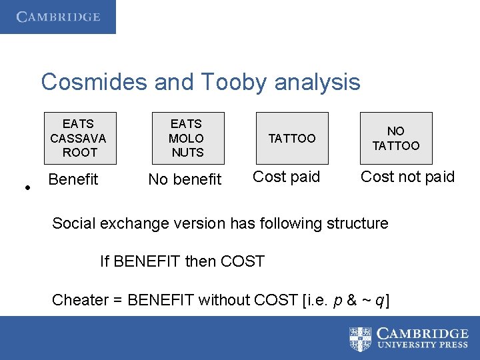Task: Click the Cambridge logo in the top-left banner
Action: point(58,17)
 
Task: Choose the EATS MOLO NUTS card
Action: point(187,138)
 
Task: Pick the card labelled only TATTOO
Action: point(292,138)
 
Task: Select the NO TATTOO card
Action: point(396,138)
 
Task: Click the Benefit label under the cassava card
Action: point(73,179)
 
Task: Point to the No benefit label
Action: point(185,179)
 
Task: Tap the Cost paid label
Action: point(287,177)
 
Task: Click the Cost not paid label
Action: point(407,177)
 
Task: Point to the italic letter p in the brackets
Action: point(336,301)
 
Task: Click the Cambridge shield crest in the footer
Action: point(361,338)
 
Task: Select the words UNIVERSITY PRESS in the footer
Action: point(423,345)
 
